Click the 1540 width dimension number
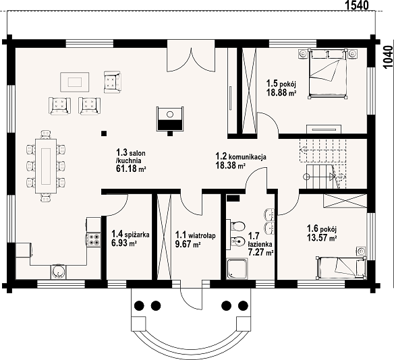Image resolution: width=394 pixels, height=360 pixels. (x=357, y=5)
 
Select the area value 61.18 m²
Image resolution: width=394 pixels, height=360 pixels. (x=131, y=169)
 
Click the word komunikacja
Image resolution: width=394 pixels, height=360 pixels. (x=248, y=157)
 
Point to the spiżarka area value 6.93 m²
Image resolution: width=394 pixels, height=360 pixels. (x=124, y=243)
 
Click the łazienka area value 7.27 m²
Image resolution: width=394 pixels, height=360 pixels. (x=260, y=252)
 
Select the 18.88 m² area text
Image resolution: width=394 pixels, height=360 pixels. (x=281, y=92)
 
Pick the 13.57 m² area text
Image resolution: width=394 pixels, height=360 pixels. (x=322, y=237)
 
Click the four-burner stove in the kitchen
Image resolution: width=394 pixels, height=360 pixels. (x=94, y=239)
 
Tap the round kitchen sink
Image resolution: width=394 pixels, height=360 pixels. (x=59, y=272)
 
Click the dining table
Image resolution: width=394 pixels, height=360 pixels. (x=46, y=166)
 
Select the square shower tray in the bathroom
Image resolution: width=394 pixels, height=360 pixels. (x=237, y=269)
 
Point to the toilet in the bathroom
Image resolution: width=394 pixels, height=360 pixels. (x=237, y=226)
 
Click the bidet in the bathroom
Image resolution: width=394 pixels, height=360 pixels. (x=237, y=241)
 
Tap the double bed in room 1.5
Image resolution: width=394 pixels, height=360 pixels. (x=327, y=73)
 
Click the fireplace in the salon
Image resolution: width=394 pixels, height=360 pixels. (x=170, y=119)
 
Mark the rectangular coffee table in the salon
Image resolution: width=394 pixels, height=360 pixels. (x=75, y=82)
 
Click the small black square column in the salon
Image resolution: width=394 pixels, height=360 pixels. (x=104, y=133)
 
